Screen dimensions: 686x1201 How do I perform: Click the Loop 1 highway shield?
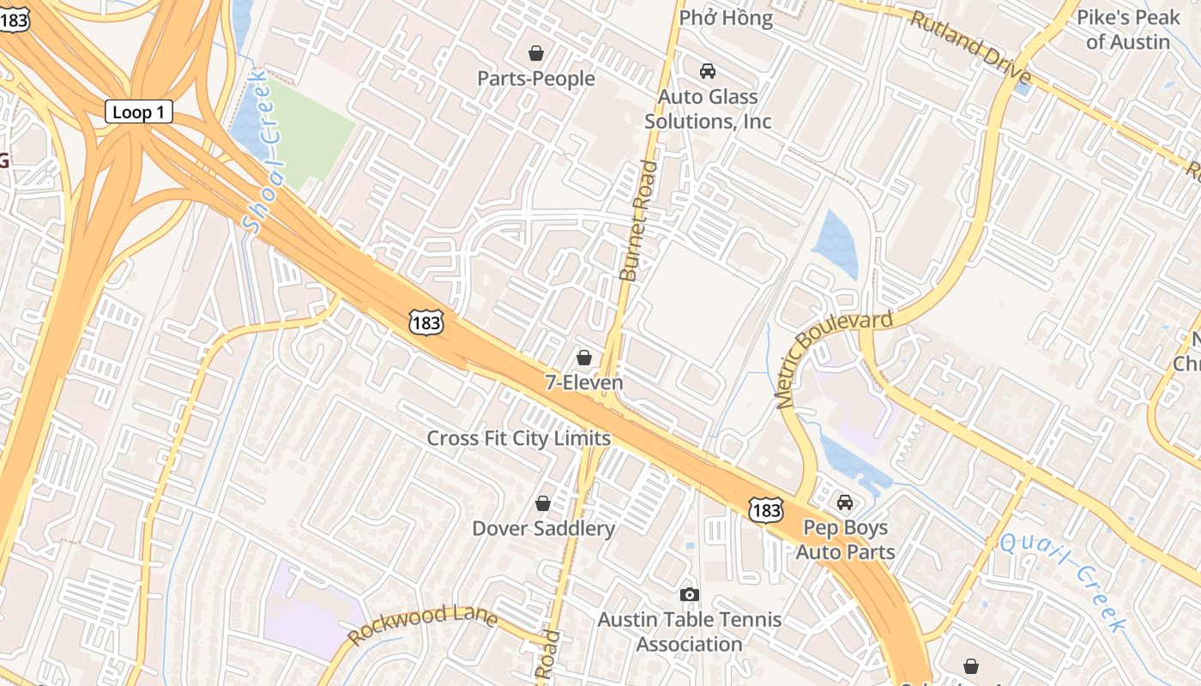[138, 111]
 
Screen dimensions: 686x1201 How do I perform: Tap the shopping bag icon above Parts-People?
[536, 53]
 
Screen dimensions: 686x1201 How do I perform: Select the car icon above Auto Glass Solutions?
[708, 71]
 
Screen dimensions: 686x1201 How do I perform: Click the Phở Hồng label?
[726, 17]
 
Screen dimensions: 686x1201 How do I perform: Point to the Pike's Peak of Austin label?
[1128, 29]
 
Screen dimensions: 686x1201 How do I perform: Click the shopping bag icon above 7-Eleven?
[584, 357]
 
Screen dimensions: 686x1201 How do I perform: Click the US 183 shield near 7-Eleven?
[426, 322]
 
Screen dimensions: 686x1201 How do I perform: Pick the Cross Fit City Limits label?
[518, 438]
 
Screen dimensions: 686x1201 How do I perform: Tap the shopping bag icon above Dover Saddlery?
[543, 502]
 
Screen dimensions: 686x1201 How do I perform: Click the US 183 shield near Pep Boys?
[764, 509]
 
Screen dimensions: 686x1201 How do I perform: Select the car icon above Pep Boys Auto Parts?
[845, 502]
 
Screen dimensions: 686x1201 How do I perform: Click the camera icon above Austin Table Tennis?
[689, 594]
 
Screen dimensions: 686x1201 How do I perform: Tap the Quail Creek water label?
[1064, 581]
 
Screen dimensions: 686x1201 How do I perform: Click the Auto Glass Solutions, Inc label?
[708, 109]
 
